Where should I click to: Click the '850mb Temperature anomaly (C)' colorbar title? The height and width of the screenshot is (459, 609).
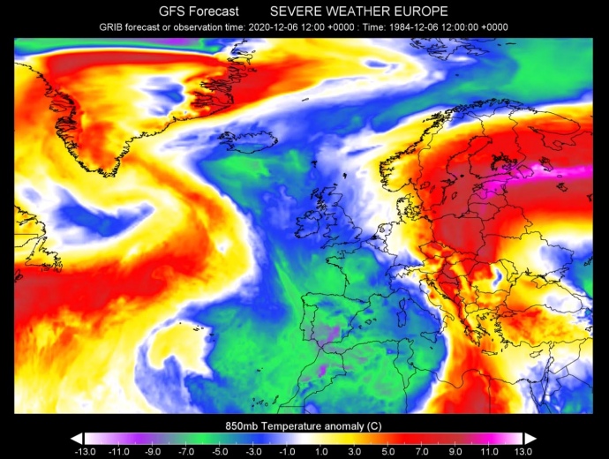pos(304,425)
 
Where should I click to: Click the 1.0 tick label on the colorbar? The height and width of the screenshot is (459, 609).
pos(321,450)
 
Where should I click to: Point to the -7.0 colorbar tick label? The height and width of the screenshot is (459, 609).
pos(185,450)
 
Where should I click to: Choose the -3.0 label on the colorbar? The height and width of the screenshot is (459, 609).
pos(253,450)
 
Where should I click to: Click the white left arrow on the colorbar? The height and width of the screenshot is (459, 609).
pos(77,438)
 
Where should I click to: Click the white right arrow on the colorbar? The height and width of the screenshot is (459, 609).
pos(530,438)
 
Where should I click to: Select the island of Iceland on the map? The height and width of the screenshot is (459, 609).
pos(246,140)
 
